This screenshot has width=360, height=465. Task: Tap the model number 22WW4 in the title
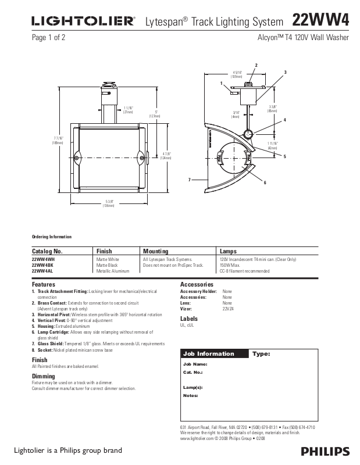click(x=320, y=20)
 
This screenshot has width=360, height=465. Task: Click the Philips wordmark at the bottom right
click(x=325, y=452)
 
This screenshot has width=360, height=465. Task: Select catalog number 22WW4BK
click(x=43, y=264)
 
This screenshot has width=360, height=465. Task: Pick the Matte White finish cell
click(x=108, y=259)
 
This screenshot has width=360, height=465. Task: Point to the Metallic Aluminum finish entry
click(x=113, y=271)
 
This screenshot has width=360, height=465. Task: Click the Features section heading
click(x=44, y=284)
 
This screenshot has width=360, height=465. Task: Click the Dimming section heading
click(x=43, y=377)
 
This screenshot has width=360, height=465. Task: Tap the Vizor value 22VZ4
click(x=228, y=309)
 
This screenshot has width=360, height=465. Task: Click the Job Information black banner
click(x=214, y=354)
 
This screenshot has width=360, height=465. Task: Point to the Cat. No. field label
click(x=193, y=372)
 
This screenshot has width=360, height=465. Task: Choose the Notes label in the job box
click(x=190, y=395)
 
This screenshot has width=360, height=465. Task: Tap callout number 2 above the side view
click(x=256, y=64)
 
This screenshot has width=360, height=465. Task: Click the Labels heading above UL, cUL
click(x=189, y=319)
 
